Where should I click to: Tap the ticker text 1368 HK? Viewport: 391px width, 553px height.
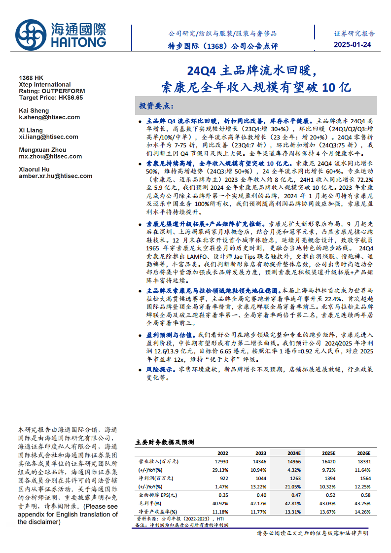click(x=31, y=78)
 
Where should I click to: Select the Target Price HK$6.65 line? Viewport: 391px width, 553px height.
click(x=51, y=98)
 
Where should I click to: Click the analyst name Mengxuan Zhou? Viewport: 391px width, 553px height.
click(x=42, y=150)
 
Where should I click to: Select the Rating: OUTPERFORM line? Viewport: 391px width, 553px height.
click(x=52, y=91)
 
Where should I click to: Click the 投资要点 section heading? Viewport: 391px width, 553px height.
click(x=156, y=106)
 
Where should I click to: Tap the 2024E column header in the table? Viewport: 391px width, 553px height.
click(x=294, y=453)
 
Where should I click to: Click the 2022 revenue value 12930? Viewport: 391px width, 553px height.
click(x=221, y=462)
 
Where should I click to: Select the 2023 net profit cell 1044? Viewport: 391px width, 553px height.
click(x=260, y=478)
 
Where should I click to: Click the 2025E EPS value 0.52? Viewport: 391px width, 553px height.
click(x=329, y=495)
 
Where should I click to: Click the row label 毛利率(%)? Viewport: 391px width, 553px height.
click(x=150, y=503)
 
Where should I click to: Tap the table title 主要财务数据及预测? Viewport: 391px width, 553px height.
click(x=165, y=443)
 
